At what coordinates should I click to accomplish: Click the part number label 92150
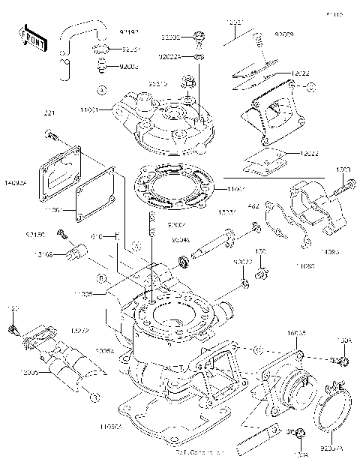pyautogui.click(x=35, y=234)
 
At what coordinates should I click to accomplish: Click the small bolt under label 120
pyautogui.click(x=12, y=329)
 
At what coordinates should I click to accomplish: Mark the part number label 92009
pyautogui.click(x=285, y=34)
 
